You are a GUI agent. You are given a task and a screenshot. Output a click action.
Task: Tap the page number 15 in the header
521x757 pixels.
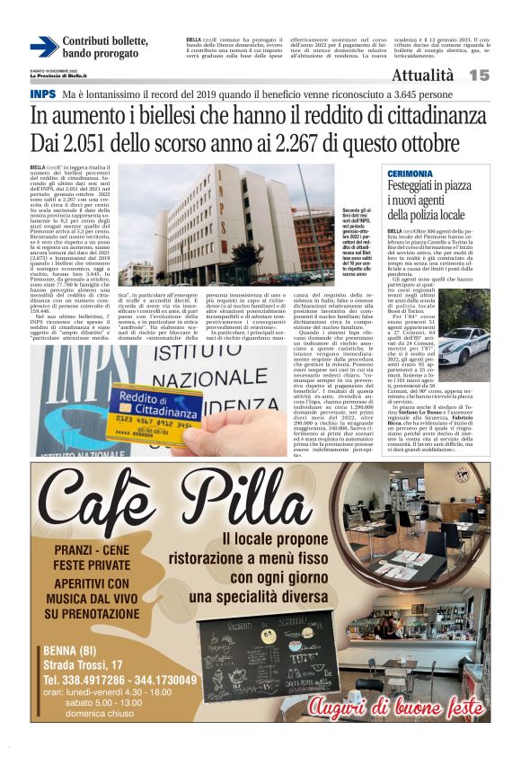(x=503, y=76)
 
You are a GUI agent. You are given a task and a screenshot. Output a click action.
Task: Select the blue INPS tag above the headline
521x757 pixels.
(x=42, y=94)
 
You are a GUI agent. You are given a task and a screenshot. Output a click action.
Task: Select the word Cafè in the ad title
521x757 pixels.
(x=103, y=500)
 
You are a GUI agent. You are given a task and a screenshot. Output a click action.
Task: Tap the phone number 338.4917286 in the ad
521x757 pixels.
(x=85, y=680)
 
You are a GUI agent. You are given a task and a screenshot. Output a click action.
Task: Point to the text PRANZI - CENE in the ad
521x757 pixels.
(x=93, y=549)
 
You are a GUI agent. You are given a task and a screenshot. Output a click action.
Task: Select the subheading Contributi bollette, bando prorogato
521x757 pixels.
(x=104, y=47)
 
